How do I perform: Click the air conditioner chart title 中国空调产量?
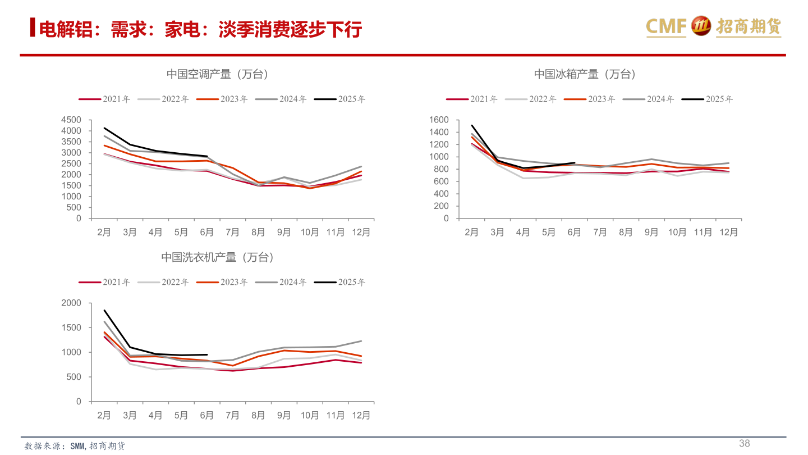[218, 74]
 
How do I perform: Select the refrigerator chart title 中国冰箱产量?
[585, 74]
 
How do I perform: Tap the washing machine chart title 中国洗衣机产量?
[218, 257]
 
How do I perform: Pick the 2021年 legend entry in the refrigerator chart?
[472, 99]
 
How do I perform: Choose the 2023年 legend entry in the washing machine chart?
[222, 283]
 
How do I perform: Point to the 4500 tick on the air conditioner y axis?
[71, 120]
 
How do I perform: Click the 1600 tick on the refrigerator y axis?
[438, 120]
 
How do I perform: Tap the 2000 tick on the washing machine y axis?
[71, 303]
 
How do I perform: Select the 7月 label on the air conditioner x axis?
[232, 233]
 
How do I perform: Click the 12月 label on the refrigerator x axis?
[728, 233]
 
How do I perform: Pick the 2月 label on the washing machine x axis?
[104, 416]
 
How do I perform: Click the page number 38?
[744, 443]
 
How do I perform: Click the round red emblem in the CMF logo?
[701, 26]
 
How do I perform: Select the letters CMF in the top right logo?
[666, 26]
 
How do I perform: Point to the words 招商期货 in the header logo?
[748, 26]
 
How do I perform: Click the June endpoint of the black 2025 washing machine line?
[207, 354]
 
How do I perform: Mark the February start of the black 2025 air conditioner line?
[104, 128]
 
